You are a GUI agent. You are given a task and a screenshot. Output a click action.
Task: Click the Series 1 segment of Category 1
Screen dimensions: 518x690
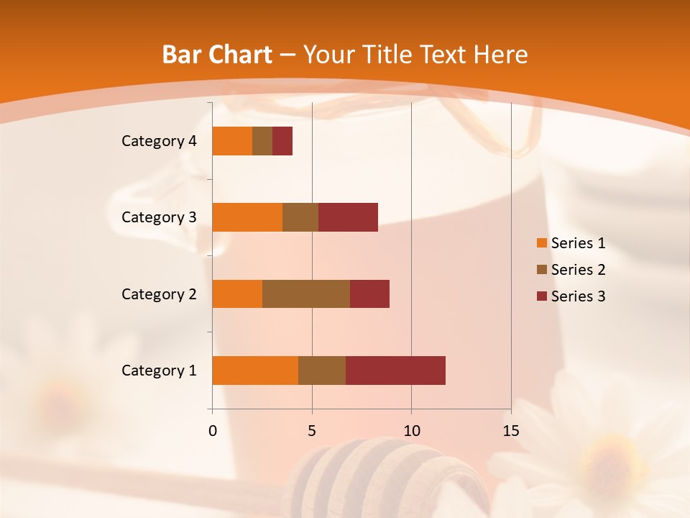tap(255, 370)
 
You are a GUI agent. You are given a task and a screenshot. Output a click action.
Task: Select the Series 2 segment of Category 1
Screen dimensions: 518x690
tap(322, 370)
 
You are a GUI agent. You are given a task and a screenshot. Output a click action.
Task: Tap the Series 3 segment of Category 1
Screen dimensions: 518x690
tap(395, 370)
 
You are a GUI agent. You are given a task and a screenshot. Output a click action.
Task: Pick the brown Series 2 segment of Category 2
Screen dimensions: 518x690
tap(306, 294)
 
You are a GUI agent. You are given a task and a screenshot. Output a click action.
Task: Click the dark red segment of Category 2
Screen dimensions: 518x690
tap(369, 294)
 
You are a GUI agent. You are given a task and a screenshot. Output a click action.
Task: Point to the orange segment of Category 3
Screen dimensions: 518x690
tap(247, 217)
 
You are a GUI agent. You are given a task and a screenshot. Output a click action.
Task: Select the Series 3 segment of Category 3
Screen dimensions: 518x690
tap(348, 217)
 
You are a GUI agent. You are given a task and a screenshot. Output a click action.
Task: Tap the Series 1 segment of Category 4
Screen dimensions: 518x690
tap(232, 141)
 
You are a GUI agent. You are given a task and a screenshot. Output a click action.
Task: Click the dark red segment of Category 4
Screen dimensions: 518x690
tap(282, 141)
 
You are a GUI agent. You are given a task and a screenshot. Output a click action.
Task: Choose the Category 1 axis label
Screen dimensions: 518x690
tap(159, 371)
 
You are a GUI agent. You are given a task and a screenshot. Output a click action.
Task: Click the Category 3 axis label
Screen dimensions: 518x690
tap(159, 217)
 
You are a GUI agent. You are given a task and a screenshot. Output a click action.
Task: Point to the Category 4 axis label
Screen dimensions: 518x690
tap(159, 141)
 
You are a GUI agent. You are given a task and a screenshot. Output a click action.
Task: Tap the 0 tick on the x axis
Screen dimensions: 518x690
tap(213, 431)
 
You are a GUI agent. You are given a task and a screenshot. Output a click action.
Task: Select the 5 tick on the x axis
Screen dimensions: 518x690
tap(312, 431)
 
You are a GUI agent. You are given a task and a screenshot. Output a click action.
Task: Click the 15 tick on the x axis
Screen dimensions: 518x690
tap(511, 431)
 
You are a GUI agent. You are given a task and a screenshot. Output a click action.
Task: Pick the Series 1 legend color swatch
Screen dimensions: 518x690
tap(541, 243)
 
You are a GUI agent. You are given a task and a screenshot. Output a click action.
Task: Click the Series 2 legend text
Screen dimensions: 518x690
tap(578, 270)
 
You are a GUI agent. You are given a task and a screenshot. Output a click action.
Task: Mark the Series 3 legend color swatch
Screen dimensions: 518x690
tap(541, 296)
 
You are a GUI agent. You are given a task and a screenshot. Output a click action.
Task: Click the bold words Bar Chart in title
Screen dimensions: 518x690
tap(217, 55)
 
